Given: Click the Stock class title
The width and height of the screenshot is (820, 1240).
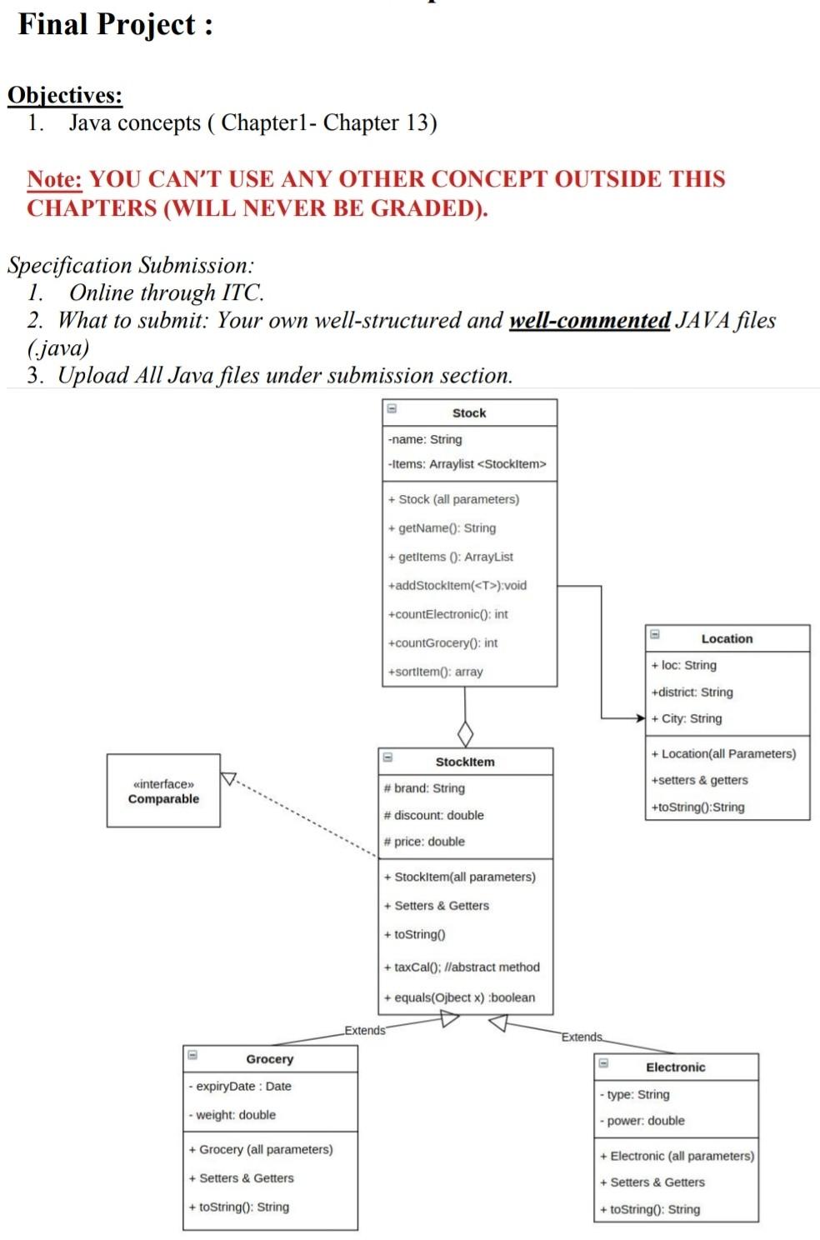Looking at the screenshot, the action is [x=469, y=413].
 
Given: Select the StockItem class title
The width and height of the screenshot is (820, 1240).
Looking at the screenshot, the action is [x=465, y=762].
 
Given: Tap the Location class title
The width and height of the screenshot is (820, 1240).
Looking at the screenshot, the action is [x=727, y=639].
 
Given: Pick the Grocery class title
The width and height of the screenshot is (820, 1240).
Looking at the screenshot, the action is [x=270, y=1059].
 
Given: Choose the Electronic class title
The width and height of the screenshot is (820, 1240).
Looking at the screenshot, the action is [x=676, y=1067].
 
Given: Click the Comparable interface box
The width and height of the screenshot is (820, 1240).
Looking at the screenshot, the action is [x=163, y=791].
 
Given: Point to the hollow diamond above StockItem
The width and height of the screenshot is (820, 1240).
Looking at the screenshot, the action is [x=466, y=733].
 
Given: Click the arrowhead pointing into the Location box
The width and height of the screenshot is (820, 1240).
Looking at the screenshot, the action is [x=641, y=718].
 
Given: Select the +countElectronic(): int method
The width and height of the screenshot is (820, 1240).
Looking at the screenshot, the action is [x=448, y=614].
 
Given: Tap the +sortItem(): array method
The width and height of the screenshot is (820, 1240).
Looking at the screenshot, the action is [x=435, y=672].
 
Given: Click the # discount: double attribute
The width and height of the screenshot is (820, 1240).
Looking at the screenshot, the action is [x=433, y=815].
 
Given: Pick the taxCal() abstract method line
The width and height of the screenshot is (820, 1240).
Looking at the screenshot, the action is [x=462, y=967].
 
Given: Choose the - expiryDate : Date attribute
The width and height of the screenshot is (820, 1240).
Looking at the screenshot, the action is [x=240, y=1086].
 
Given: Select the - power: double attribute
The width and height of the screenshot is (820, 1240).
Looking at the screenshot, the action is [x=642, y=1121].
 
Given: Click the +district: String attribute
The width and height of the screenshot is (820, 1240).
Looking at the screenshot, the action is [x=692, y=692].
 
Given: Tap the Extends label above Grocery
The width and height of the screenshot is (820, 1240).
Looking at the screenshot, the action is [x=365, y=1030].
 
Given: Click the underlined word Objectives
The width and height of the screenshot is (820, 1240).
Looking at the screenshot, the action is [x=65, y=95].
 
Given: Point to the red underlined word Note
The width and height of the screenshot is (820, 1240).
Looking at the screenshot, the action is [x=55, y=179].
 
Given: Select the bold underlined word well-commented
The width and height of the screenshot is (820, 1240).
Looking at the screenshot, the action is [x=590, y=320].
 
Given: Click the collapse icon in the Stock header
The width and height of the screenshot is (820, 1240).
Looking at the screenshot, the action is [x=392, y=408].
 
